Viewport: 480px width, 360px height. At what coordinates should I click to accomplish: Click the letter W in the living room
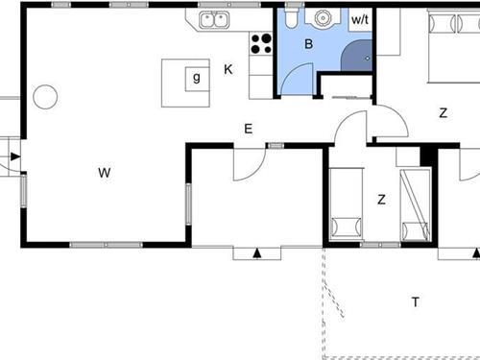pos(105,173)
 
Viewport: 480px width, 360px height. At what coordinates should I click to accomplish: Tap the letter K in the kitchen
pos(228,69)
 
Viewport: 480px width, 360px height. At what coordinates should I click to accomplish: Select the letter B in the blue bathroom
pos(308,44)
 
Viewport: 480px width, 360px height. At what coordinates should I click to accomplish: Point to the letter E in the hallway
pos(249,129)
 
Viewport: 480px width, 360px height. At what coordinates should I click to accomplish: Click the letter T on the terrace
pos(416,302)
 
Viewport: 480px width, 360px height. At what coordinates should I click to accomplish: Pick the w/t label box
pos(360,19)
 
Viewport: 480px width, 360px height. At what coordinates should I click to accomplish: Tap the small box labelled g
pos(197,79)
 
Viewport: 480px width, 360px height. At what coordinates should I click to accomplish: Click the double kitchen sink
pos(214,19)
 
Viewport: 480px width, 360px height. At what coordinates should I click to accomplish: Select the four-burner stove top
pos(261,44)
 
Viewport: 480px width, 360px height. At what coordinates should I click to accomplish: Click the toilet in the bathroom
pos(292,17)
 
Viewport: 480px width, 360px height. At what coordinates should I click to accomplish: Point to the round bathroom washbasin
pos(323,17)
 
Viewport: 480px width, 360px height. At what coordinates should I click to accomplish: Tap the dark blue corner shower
pos(356,56)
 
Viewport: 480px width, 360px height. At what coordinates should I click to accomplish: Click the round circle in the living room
pos(45,97)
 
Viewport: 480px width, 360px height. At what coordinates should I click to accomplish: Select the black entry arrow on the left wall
pos(15,156)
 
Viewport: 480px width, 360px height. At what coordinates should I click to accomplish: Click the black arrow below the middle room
pos(257,253)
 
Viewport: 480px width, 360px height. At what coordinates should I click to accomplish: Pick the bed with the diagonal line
pos(416,204)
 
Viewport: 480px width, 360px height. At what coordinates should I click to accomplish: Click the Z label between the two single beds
pos(381,200)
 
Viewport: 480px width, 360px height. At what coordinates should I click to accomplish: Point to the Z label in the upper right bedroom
pos(444,113)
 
